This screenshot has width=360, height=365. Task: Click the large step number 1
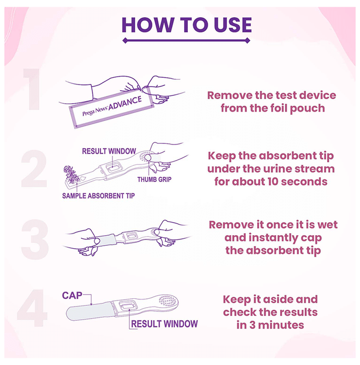[32, 89]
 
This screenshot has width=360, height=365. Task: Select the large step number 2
[34, 168]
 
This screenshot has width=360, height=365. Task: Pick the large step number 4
[32, 308]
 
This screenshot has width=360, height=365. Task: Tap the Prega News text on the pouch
[95, 111]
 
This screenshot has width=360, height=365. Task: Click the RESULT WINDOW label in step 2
[109, 151]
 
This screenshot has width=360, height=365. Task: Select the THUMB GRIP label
[154, 179]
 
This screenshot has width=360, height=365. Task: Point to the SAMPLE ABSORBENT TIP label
[99, 196]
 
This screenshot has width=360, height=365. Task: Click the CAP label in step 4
[72, 296]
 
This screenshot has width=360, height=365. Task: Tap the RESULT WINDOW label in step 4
[164, 324]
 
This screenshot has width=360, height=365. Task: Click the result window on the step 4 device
[127, 306]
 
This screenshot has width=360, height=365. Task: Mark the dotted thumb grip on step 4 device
[167, 301]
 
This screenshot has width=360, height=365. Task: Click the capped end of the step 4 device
[91, 311]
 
